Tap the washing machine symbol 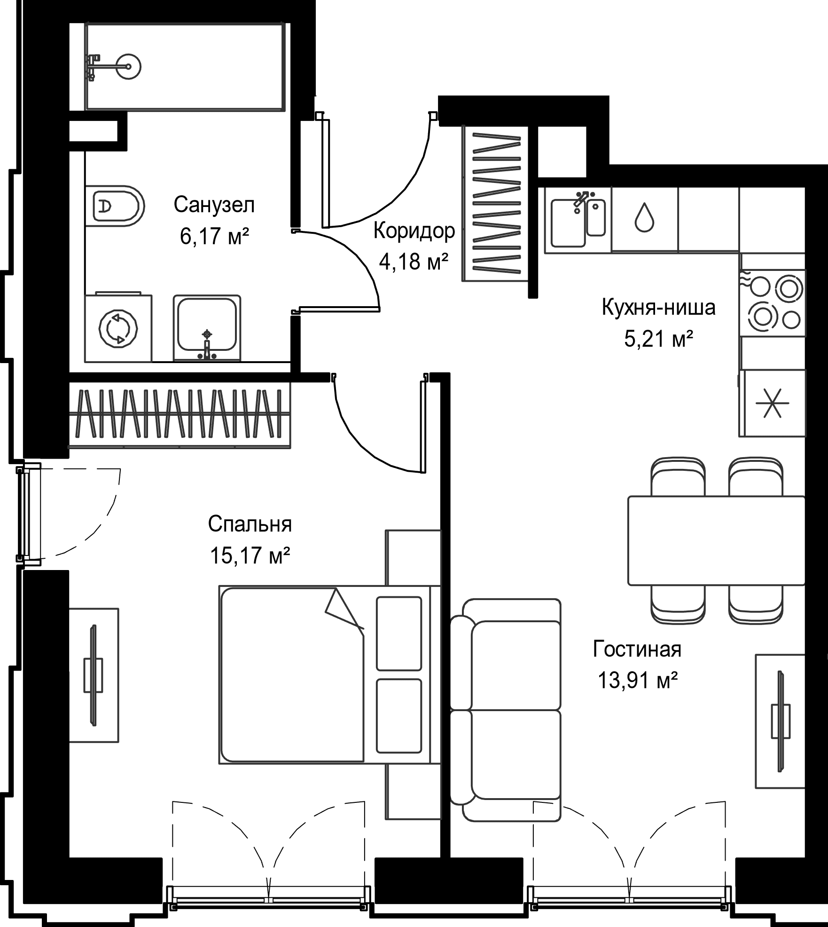click(118, 327)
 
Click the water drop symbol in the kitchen click(644, 218)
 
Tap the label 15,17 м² click(250, 556)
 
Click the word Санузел click(214, 205)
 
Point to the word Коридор click(414, 231)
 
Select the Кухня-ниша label click(659, 308)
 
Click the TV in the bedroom click(94, 675)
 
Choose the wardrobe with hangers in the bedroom click(180, 414)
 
